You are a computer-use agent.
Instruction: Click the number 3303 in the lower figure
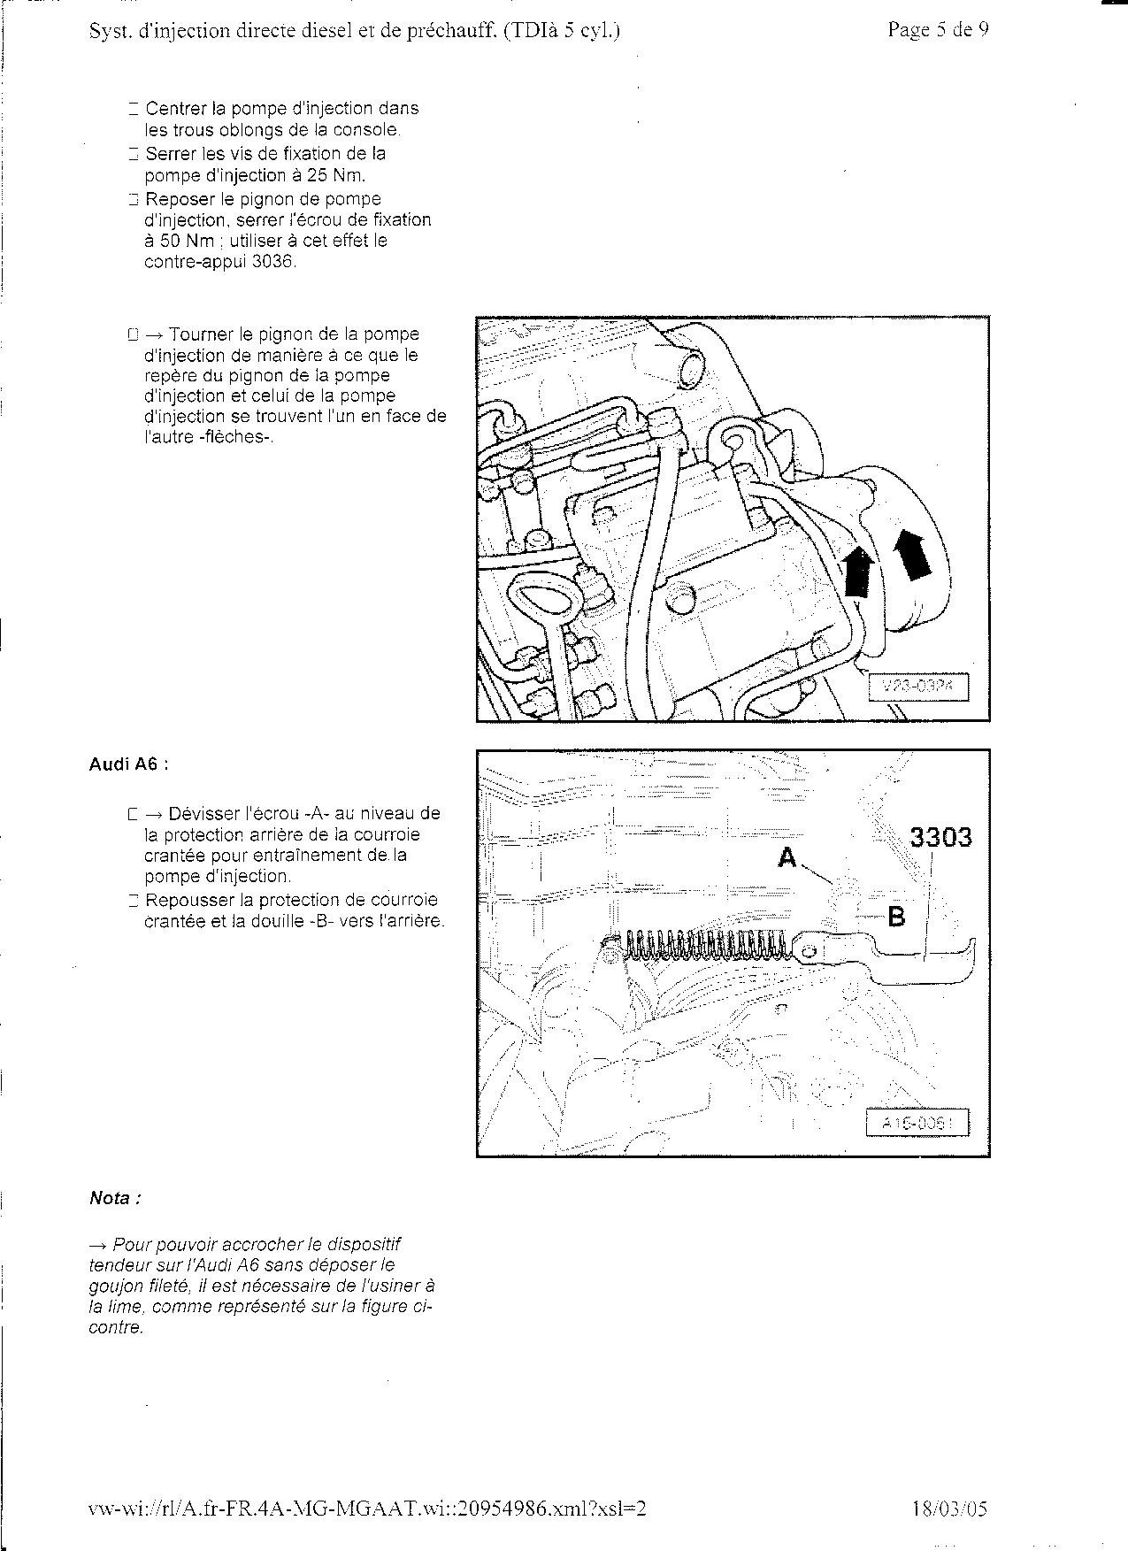(940, 837)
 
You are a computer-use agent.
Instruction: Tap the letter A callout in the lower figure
(787, 857)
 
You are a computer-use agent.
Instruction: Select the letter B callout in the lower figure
(896, 917)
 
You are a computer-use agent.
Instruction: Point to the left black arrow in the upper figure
(856, 572)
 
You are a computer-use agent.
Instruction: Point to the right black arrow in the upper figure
(912, 555)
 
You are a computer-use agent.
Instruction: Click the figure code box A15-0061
(917, 1124)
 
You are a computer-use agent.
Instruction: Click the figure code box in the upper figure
(917, 686)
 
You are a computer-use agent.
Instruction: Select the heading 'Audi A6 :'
(128, 764)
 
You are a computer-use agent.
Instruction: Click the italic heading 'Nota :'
(115, 1198)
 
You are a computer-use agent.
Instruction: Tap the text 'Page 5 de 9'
(938, 30)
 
